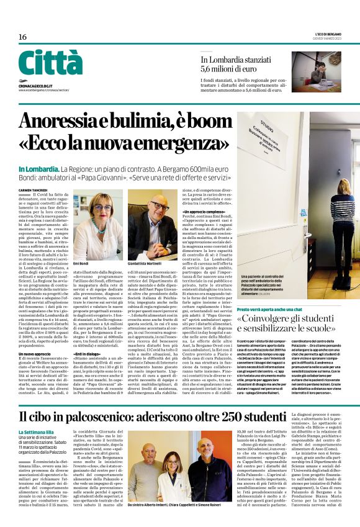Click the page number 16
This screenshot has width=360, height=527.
22,37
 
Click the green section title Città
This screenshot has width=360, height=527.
50,63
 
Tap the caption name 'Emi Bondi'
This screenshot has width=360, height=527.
81,263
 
